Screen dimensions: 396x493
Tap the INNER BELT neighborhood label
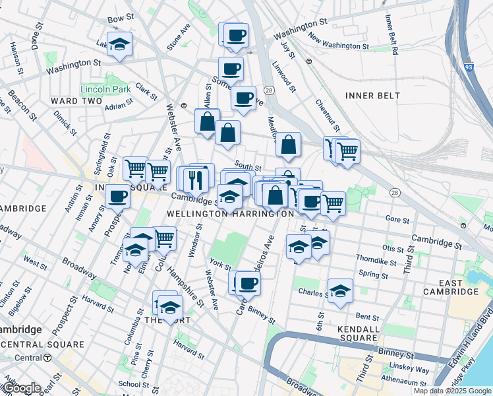[x=372, y=96]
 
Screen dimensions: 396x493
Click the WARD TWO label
[x=76, y=101]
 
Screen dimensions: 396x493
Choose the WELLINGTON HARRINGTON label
[x=230, y=214]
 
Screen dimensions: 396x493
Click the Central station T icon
[x=48, y=358]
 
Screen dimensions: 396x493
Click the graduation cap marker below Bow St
[x=119, y=44]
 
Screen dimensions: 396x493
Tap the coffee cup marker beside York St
[x=248, y=284]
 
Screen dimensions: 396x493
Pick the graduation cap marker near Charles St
[x=340, y=291]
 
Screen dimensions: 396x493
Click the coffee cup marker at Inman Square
[x=118, y=196]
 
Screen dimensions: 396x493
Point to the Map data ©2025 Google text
[x=452, y=391]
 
